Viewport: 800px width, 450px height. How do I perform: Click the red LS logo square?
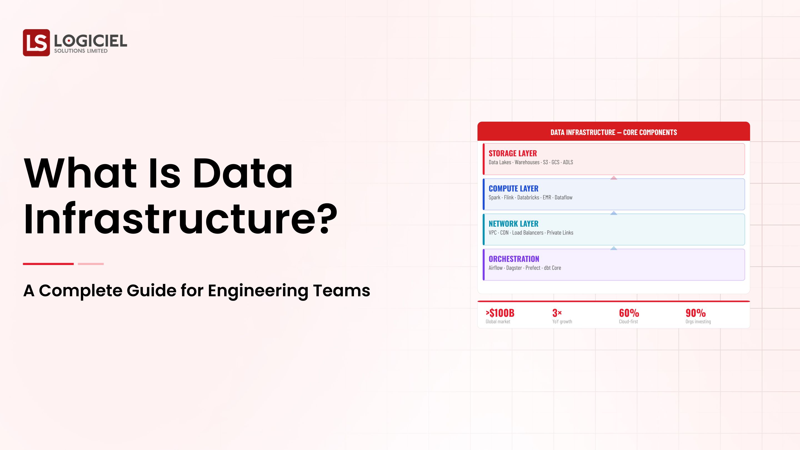(36, 42)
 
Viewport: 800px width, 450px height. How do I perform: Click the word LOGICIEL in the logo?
(90, 41)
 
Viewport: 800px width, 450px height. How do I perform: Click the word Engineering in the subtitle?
(258, 291)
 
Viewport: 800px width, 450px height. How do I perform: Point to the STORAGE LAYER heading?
(512, 153)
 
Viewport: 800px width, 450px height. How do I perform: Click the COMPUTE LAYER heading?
(513, 189)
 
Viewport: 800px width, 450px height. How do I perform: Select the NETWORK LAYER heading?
(513, 224)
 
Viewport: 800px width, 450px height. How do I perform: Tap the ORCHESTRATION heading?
(514, 259)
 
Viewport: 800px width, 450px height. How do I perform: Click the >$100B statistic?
(500, 313)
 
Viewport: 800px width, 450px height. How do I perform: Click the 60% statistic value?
(629, 313)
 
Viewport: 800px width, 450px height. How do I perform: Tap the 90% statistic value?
(696, 313)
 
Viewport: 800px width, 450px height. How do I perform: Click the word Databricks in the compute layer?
(528, 197)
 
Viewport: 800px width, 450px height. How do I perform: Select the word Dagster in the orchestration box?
(514, 268)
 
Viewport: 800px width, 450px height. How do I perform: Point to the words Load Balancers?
(528, 232)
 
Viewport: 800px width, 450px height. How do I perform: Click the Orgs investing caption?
(698, 322)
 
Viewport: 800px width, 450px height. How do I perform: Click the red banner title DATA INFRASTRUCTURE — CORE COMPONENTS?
(614, 132)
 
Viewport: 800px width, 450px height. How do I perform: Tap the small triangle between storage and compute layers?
(614, 178)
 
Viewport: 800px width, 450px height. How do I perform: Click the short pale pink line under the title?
(91, 264)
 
